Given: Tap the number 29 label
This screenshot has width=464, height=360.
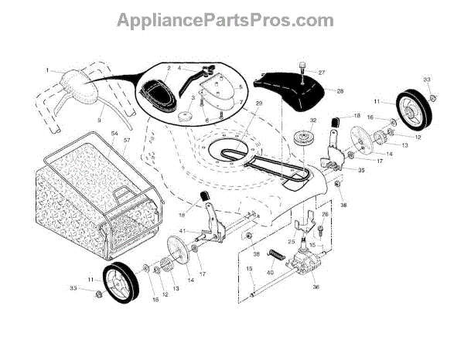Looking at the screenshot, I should [237, 104].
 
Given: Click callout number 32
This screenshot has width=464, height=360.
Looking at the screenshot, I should [314, 121].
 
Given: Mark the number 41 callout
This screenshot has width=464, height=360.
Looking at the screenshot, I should [182, 232].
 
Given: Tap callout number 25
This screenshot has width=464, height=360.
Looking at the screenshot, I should [292, 243].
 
